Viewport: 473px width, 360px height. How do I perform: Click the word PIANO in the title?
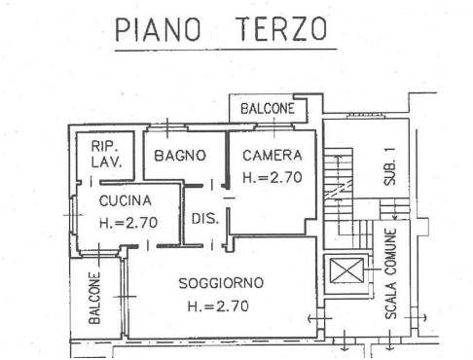[x=158, y=29]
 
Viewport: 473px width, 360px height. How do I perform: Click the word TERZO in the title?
[x=281, y=28]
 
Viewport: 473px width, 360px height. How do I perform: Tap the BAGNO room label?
[x=180, y=156]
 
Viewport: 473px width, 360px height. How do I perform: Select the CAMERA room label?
[x=273, y=156]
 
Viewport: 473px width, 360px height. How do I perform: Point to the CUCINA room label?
[x=126, y=200]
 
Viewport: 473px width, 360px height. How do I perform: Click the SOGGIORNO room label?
[x=221, y=283]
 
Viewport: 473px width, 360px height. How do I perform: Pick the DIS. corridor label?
[x=205, y=219]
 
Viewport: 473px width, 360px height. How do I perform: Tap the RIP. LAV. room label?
[x=106, y=154]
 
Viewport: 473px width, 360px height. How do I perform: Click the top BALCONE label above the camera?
[x=268, y=108]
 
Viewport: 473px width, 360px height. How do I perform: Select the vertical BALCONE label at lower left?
[x=94, y=298]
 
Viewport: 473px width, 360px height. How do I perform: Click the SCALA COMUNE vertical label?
[x=391, y=273]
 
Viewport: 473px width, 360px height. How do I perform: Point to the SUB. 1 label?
[x=389, y=166]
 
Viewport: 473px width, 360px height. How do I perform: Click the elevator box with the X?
[x=346, y=270]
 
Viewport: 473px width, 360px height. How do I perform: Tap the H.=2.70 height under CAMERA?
[x=273, y=177]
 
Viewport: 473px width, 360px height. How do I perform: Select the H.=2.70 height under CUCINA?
[x=128, y=223]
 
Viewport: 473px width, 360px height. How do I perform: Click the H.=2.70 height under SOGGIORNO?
[x=218, y=306]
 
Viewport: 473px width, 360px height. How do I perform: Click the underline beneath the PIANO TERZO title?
[x=226, y=50]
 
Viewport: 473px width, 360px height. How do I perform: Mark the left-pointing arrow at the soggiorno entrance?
[x=319, y=319]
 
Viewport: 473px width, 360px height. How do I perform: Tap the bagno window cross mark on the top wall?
[x=167, y=128]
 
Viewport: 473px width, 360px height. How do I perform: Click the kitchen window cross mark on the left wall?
[x=73, y=215]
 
